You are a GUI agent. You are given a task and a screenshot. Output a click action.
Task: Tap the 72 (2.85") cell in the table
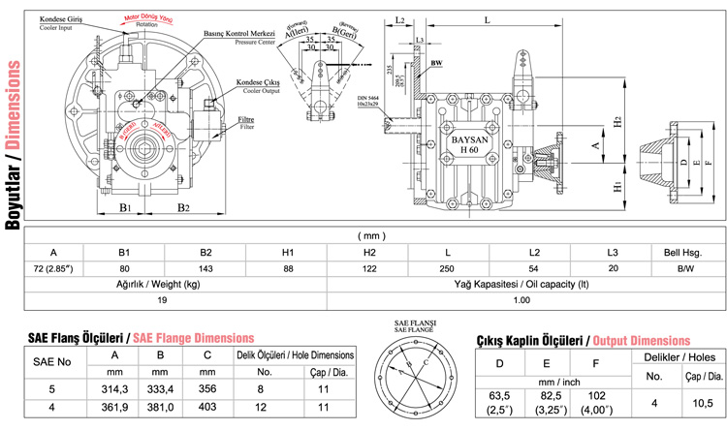pos(53,268)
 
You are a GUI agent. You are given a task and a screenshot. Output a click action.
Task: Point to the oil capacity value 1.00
pos(522,301)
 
